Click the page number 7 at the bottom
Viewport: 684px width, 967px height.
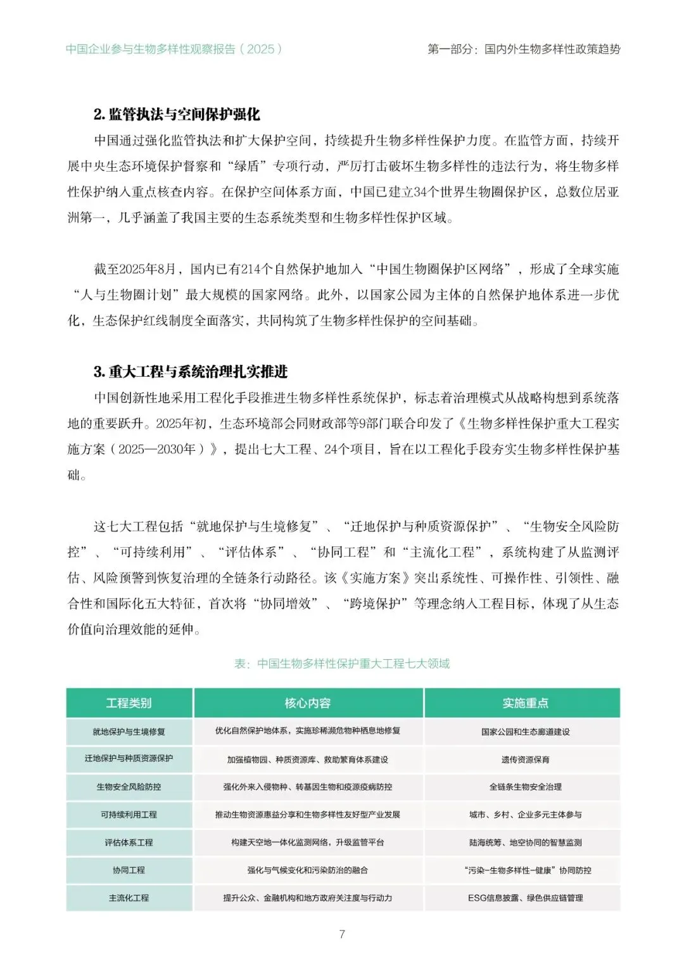342,934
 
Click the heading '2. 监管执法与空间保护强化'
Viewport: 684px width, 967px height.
177,115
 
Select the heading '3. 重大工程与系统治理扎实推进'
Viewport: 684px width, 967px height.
191,372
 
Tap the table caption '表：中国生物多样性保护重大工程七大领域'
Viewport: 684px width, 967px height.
342,664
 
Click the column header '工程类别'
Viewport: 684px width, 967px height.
129,703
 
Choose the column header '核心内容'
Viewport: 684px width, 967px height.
307,703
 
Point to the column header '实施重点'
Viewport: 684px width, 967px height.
525,703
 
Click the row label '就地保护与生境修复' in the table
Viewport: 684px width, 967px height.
129,731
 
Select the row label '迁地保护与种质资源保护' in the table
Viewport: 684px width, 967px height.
129,759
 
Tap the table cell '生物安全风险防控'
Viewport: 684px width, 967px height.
129,787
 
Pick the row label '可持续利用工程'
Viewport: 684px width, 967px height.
129,814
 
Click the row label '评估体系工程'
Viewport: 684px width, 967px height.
129,842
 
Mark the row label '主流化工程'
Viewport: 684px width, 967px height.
129,898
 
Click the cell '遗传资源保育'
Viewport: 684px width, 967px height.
525,759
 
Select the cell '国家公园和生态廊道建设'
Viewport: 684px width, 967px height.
525,731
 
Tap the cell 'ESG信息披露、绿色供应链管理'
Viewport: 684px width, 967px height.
525,898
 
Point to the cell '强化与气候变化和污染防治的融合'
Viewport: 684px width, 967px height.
307,870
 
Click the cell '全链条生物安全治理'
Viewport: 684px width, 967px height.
525,787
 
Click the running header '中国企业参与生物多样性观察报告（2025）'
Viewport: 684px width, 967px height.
174,49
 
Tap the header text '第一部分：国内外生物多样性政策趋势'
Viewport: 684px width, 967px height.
524,49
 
